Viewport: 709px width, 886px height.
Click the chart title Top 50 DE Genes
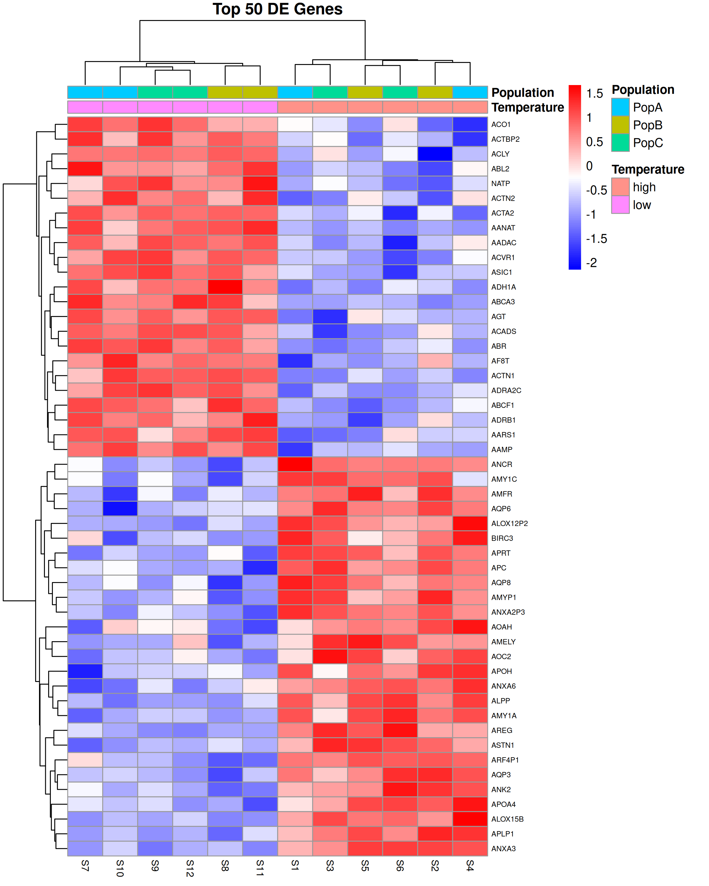coord(277,9)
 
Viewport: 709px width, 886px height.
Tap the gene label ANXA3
coord(503,848)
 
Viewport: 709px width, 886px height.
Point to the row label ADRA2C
coord(506,390)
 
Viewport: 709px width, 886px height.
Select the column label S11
coord(260,868)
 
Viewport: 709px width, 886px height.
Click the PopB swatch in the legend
coord(620,125)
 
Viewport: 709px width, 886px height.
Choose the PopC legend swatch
coord(620,143)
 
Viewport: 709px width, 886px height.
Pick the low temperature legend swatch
coord(620,205)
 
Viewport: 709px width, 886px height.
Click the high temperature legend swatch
coord(620,187)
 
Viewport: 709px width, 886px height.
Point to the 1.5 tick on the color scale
coord(594,94)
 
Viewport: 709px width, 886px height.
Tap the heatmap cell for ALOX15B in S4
coord(470,819)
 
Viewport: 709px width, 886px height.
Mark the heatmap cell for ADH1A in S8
coord(225,287)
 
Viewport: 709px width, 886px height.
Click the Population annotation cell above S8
coord(225,92)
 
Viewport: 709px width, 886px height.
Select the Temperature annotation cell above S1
coord(295,107)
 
